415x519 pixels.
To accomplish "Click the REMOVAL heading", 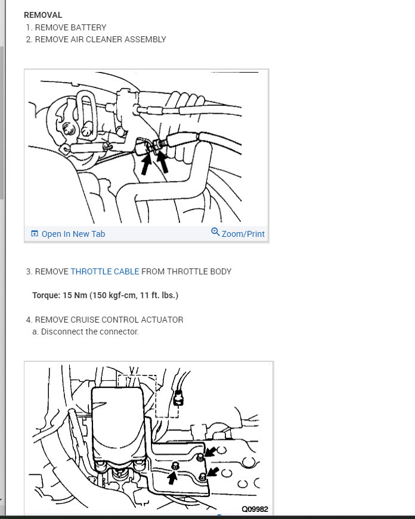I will point(42,15).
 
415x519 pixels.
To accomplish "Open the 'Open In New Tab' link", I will point(73,234).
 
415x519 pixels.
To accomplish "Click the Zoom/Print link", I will point(243,234).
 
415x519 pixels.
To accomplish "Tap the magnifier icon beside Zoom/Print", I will point(215,232).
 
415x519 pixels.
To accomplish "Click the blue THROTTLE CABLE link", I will point(104,271).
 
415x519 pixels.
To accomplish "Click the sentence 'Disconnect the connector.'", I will point(89,332).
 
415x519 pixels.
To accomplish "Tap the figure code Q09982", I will point(255,509).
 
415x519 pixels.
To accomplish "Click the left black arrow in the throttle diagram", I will point(144,164).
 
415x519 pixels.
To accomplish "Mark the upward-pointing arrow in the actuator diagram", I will point(172,476).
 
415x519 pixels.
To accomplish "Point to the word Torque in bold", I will point(45,295).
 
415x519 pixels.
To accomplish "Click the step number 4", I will point(28,320).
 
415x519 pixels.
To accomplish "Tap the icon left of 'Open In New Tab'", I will point(35,234).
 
